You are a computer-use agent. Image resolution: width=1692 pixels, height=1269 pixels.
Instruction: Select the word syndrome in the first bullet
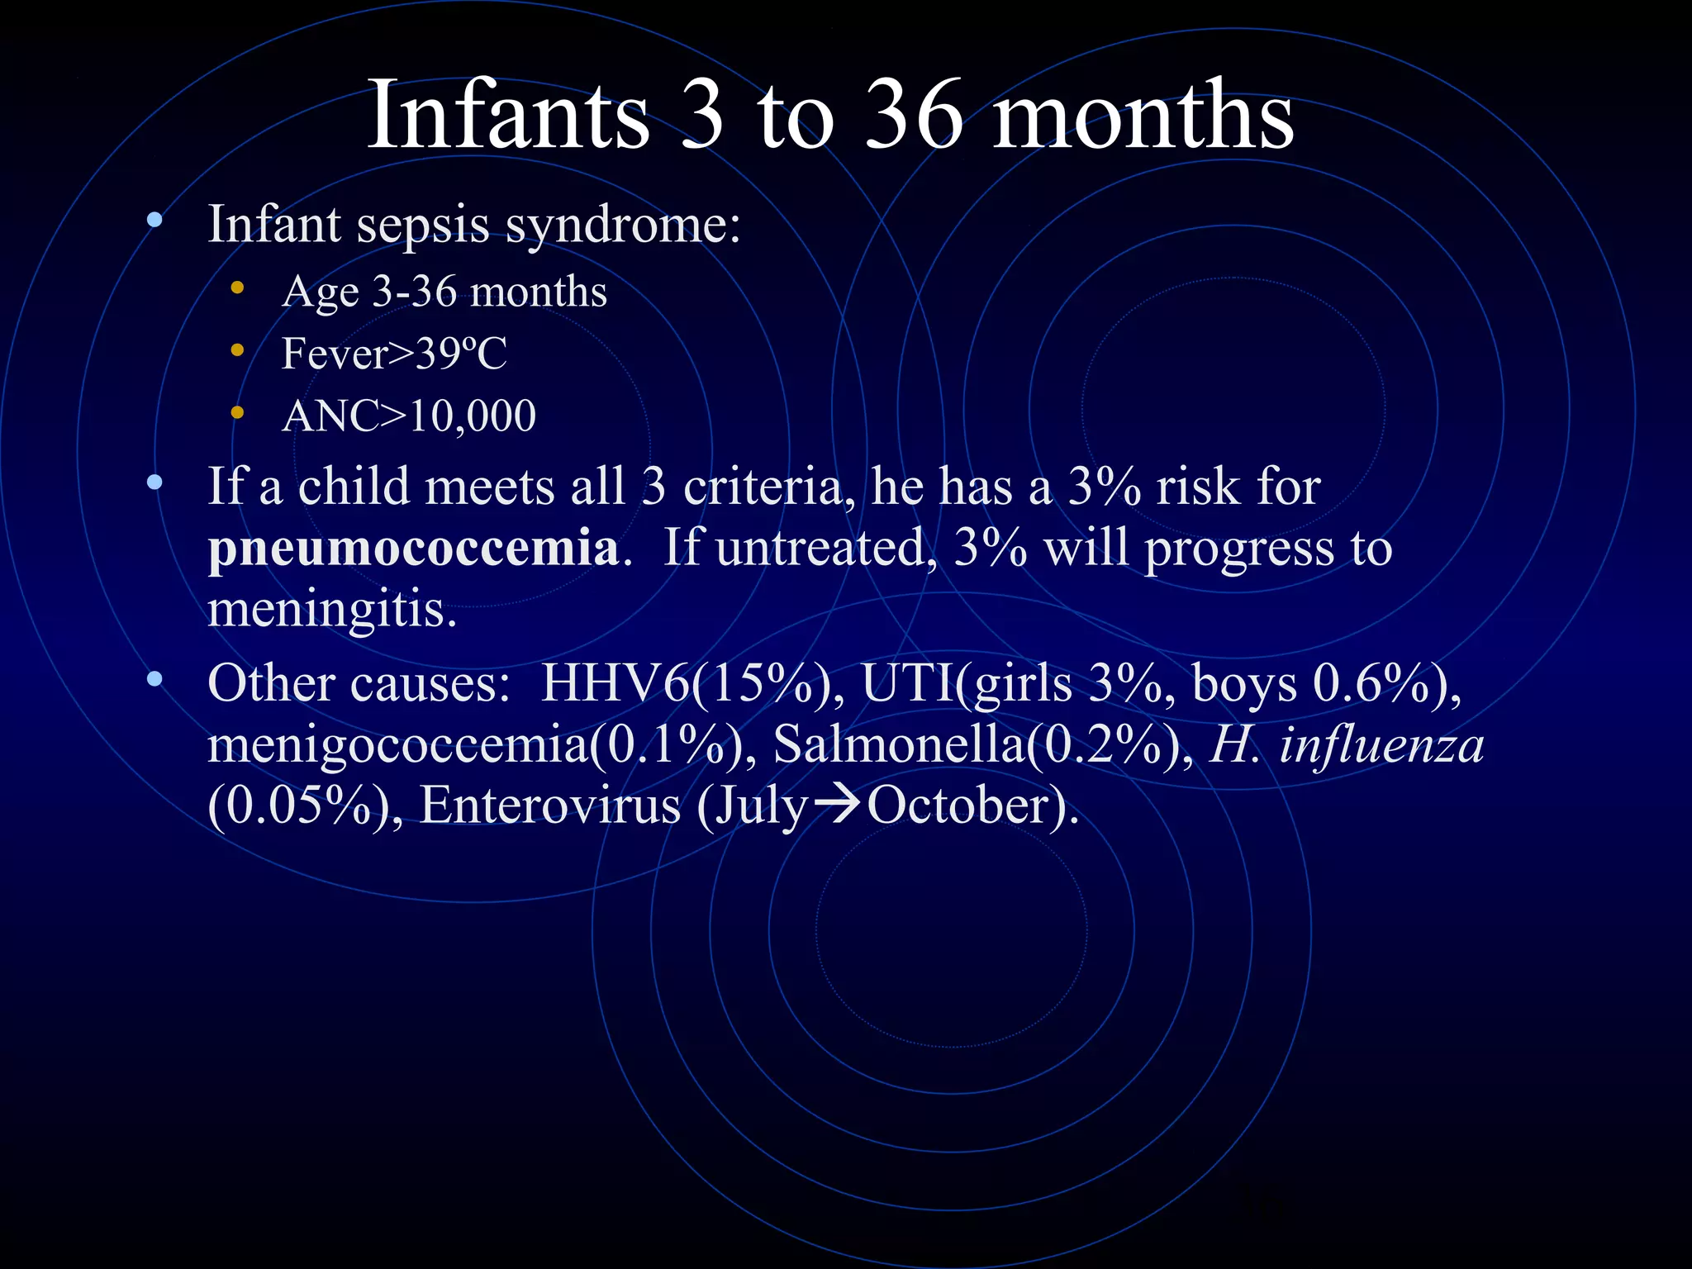tap(623, 225)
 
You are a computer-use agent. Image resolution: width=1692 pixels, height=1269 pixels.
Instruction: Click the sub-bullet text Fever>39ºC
tap(394, 354)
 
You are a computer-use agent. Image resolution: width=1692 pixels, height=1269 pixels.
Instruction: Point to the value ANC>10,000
tap(409, 416)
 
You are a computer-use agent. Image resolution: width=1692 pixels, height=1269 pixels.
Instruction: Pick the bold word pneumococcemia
tap(413, 548)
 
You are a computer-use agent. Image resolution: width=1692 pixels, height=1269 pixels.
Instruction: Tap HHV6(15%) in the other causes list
tap(692, 684)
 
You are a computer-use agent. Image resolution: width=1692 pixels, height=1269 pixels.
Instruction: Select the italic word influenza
tap(1381, 744)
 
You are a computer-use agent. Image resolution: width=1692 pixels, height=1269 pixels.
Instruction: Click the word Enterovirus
tap(549, 806)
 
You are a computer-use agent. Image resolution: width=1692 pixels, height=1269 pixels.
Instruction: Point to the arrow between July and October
tap(835, 805)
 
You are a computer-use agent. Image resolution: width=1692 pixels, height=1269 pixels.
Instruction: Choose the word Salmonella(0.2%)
tap(983, 744)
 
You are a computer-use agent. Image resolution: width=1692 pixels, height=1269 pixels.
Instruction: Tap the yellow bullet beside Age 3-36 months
tap(238, 288)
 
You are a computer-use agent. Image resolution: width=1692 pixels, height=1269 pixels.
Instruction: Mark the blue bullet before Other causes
tap(154, 680)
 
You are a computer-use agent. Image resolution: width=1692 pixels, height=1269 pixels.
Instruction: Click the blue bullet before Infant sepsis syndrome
tap(154, 221)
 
